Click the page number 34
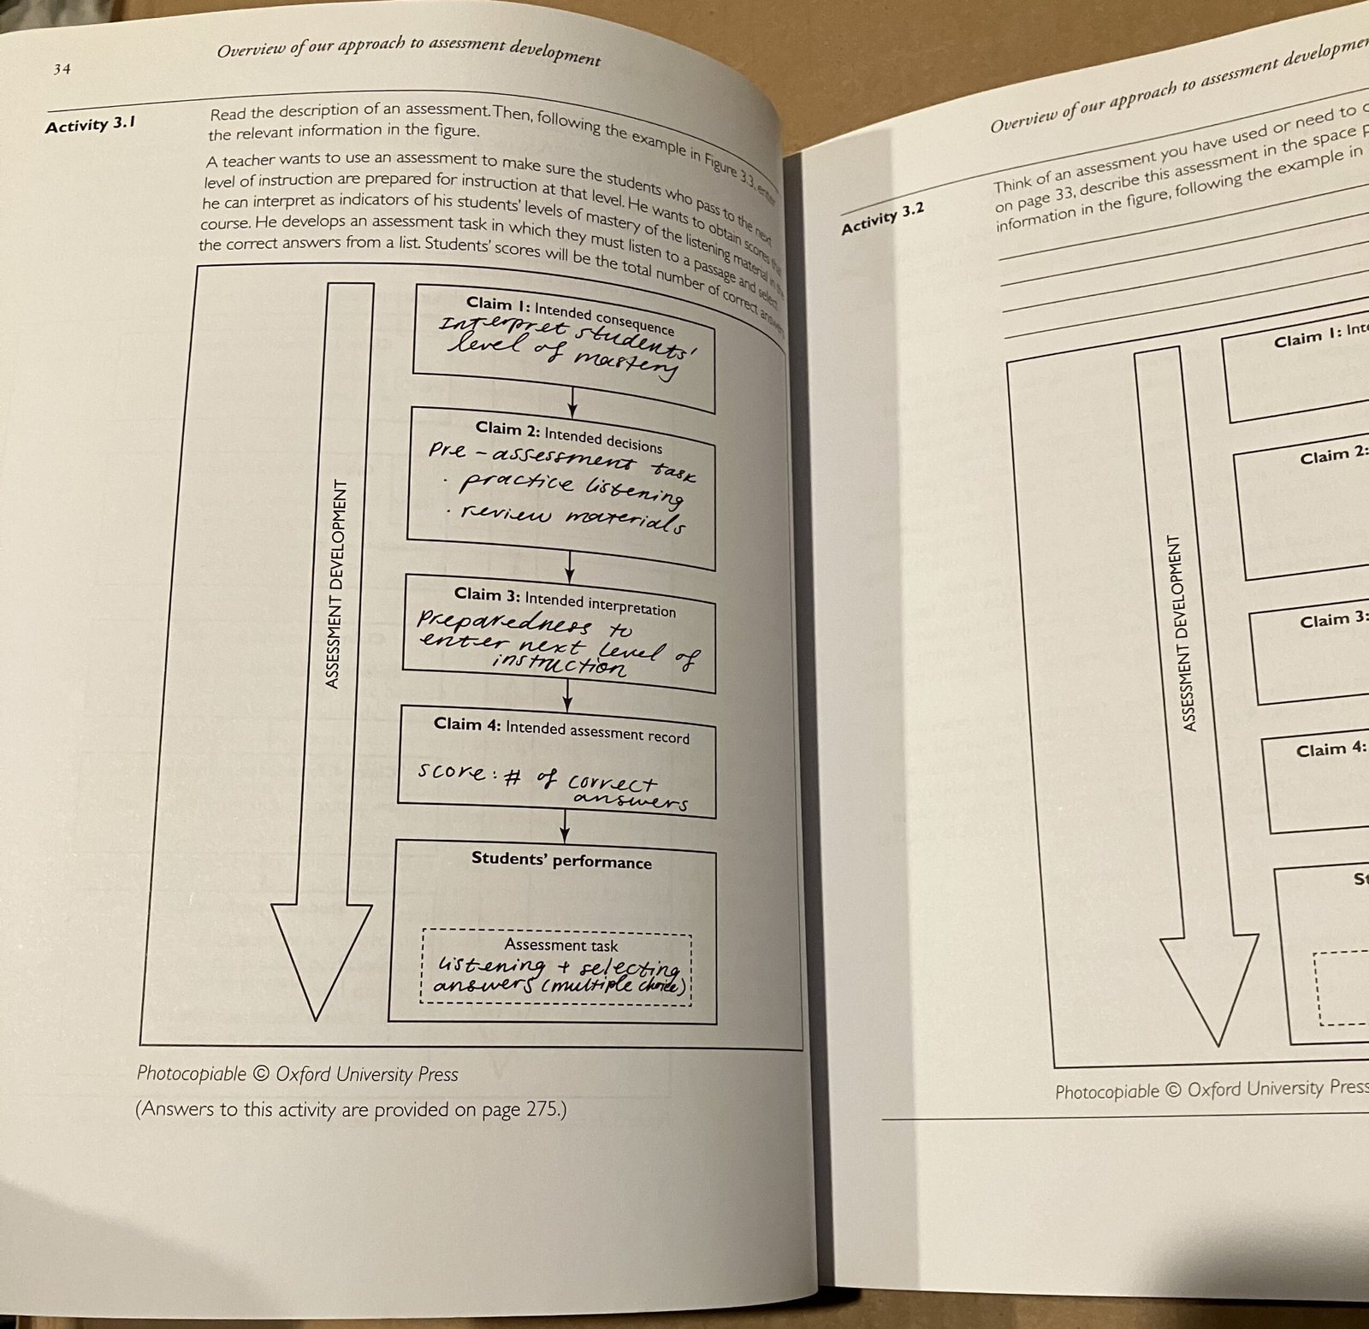click(x=62, y=69)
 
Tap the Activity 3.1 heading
click(x=90, y=125)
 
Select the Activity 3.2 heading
click(x=882, y=218)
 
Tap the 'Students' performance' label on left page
click(x=561, y=860)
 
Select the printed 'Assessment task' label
click(x=560, y=944)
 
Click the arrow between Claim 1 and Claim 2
click(x=572, y=401)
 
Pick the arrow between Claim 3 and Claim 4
click(x=566, y=697)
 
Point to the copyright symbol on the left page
click(x=261, y=1074)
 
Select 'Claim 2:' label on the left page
click(x=507, y=428)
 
